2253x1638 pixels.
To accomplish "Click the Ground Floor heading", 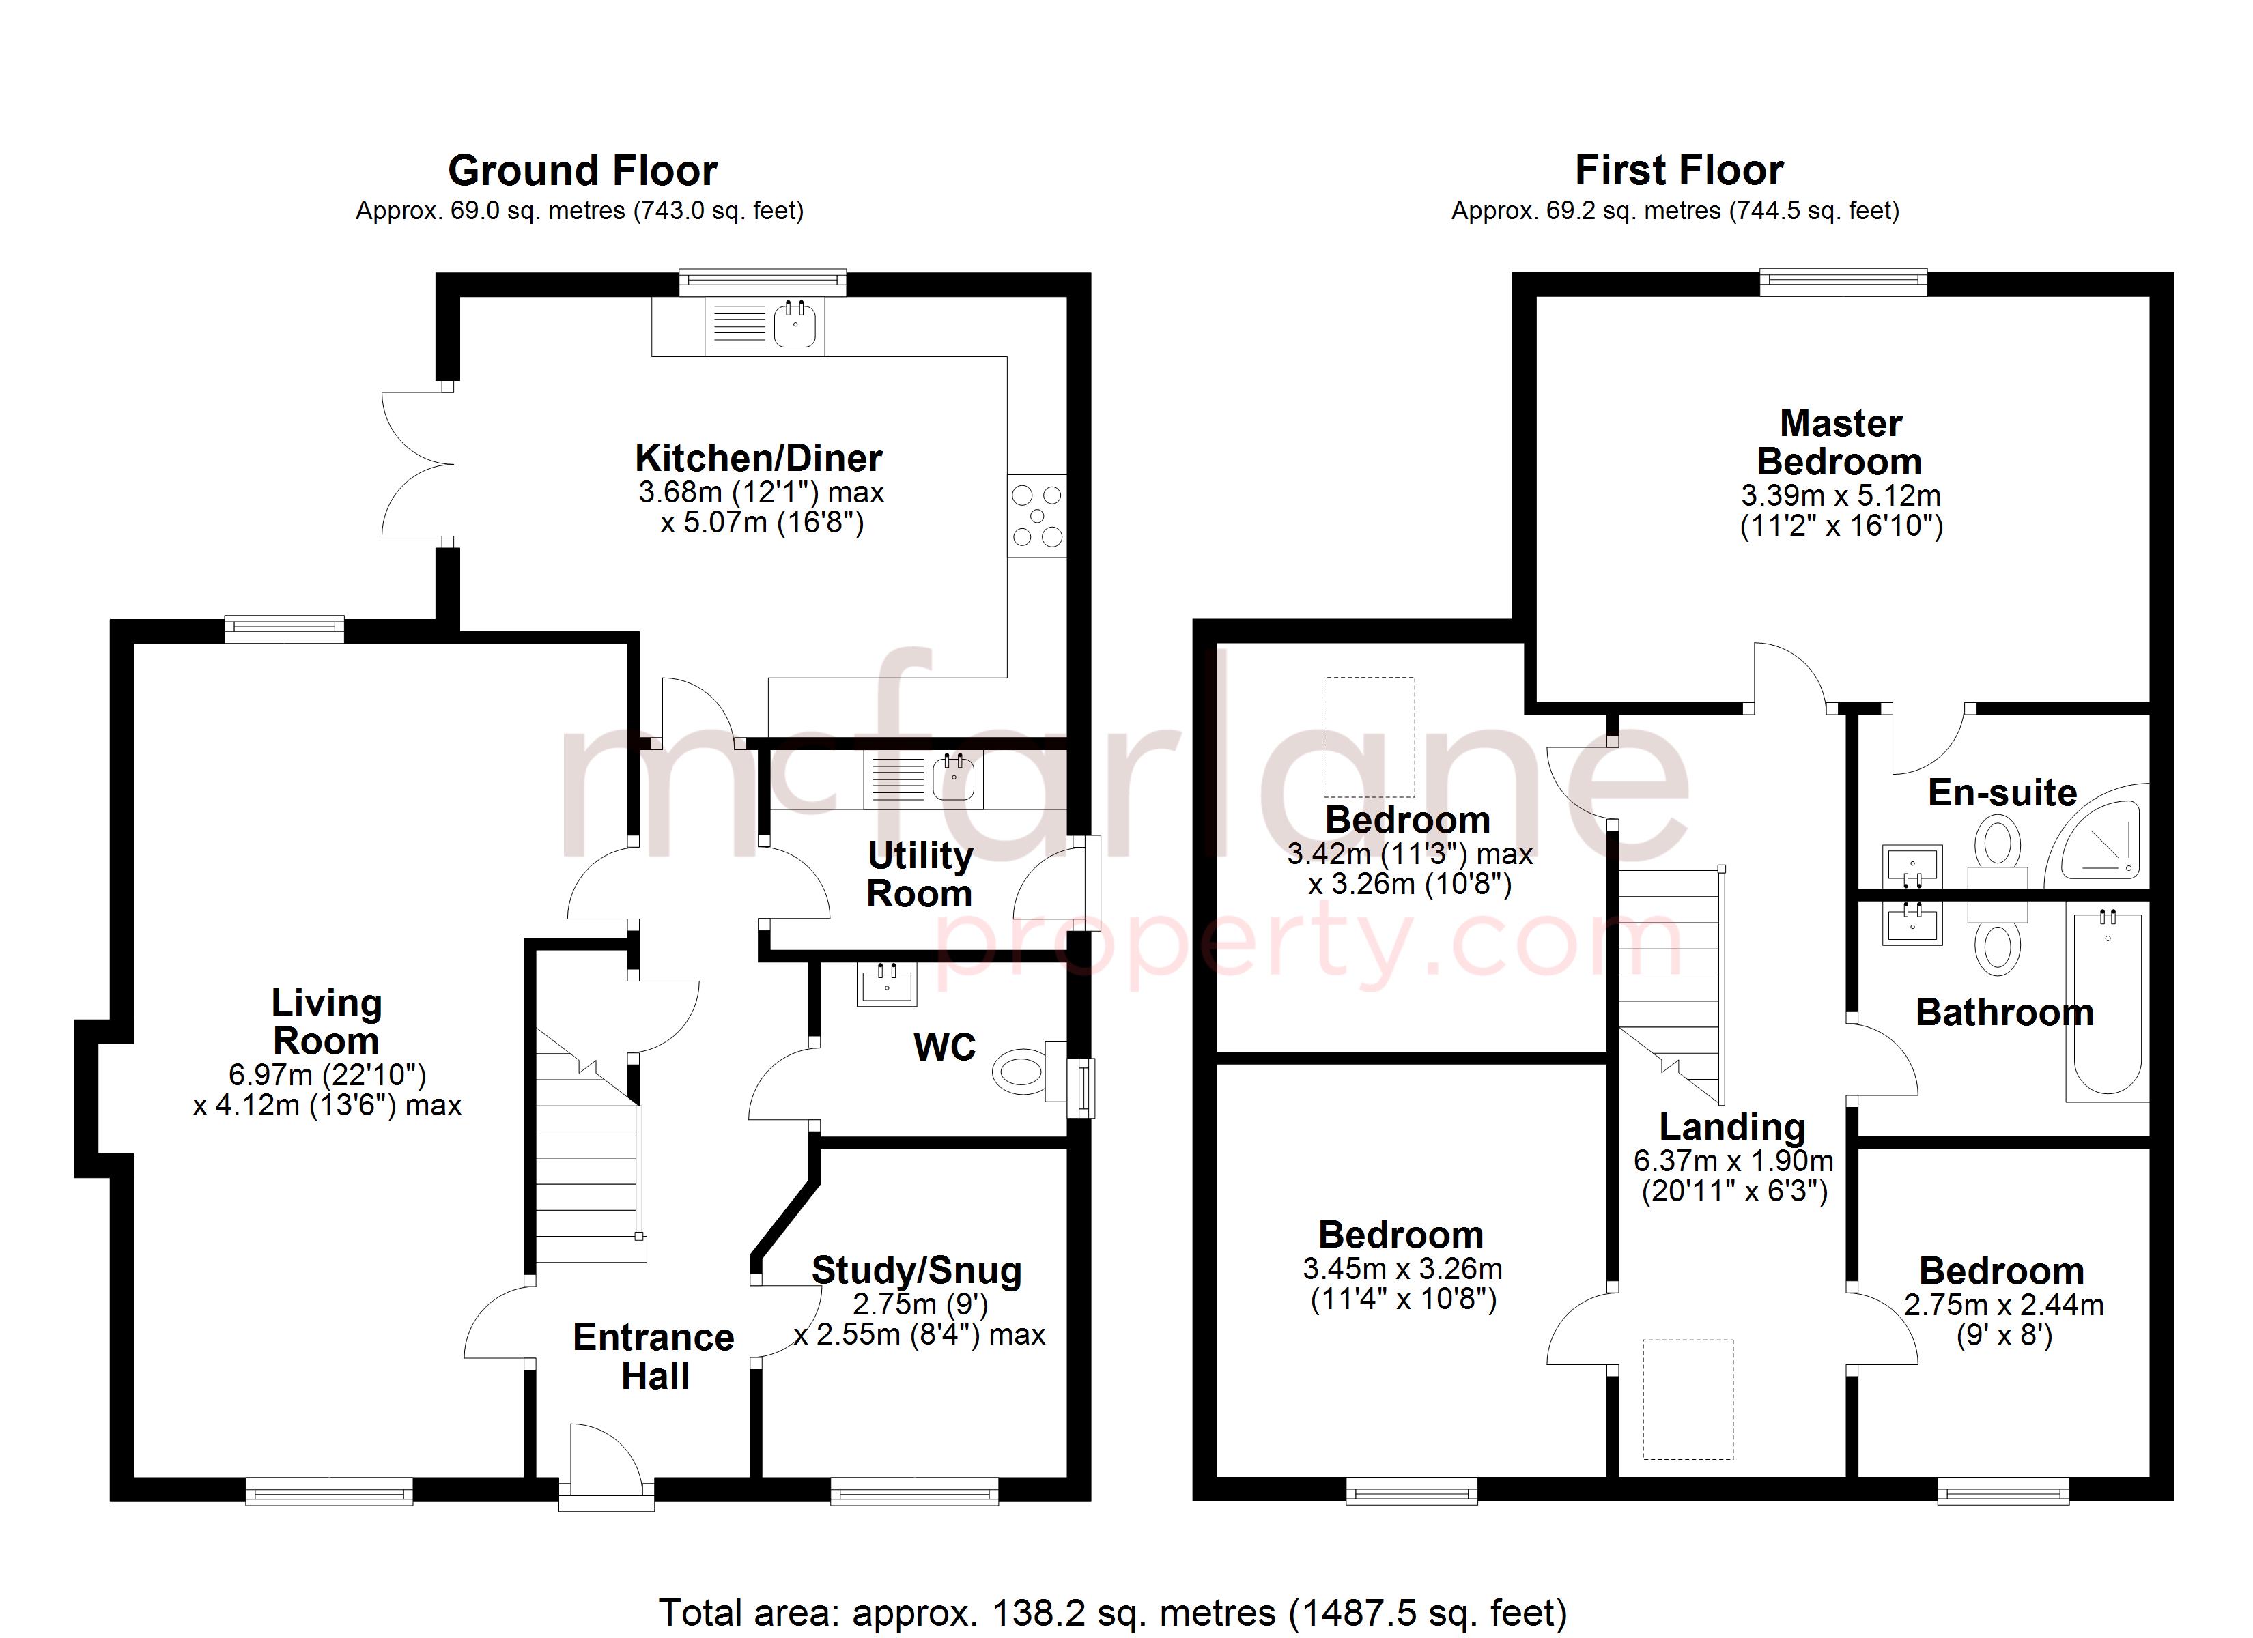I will pos(582,171).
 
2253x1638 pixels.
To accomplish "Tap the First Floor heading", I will pos(1679,170).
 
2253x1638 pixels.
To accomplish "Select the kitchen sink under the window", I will pos(795,325).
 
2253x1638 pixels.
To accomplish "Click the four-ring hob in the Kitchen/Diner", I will pos(1037,515).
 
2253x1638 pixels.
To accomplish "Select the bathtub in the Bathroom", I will pos(2107,1003).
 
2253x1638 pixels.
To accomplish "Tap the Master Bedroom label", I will pos(1840,442).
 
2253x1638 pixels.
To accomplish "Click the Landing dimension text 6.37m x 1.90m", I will pos(1733,1160).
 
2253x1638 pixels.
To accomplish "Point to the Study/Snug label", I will pos(916,1270).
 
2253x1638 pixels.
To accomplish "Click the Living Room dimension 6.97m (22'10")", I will pos(327,1075).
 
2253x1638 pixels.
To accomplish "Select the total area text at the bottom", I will pos(1113,1611).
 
